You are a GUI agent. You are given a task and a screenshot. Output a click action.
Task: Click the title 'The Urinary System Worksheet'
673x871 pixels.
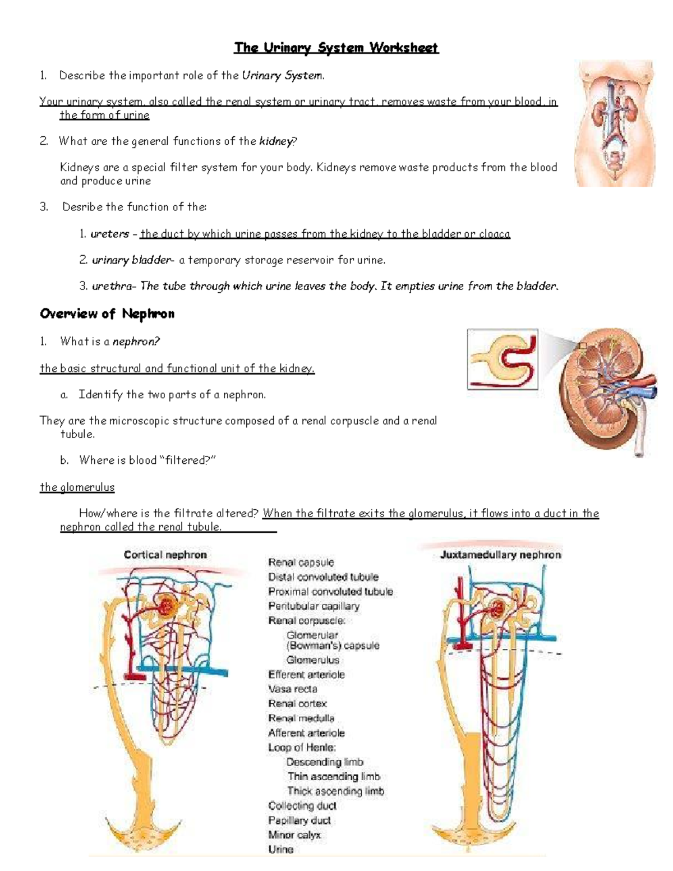click(336, 48)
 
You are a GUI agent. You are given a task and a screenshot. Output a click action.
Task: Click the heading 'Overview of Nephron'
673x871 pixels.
click(107, 314)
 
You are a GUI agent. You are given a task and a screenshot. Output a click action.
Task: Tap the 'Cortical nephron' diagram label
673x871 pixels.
click(165, 555)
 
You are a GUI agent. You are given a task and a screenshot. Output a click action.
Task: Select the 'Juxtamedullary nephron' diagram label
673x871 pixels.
click(500, 555)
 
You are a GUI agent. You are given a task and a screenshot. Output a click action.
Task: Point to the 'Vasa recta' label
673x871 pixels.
click(293, 689)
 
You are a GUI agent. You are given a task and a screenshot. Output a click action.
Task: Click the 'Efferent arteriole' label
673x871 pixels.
click(306, 674)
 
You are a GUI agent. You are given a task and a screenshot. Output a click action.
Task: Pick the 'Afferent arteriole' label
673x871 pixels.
click(306, 732)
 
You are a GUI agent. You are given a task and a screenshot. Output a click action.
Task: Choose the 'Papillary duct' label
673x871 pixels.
click(299, 820)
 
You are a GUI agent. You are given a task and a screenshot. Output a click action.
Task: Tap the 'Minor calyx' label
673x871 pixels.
click(294, 835)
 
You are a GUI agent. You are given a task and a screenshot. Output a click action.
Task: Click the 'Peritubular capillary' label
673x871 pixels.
click(314, 606)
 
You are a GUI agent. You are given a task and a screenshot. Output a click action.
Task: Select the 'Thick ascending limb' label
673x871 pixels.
click(335, 791)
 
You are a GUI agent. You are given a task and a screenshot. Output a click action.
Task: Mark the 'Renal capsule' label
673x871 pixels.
click(301, 562)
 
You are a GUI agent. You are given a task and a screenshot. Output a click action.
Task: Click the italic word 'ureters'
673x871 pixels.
click(110, 234)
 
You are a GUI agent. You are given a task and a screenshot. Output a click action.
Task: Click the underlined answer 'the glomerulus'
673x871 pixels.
click(77, 487)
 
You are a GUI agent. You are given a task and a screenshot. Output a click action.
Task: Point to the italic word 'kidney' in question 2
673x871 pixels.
click(276, 141)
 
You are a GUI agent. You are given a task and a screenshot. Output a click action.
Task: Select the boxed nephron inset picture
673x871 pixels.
click(503, 360)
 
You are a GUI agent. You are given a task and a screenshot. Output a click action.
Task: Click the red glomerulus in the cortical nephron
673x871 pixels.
click(167, 605)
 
